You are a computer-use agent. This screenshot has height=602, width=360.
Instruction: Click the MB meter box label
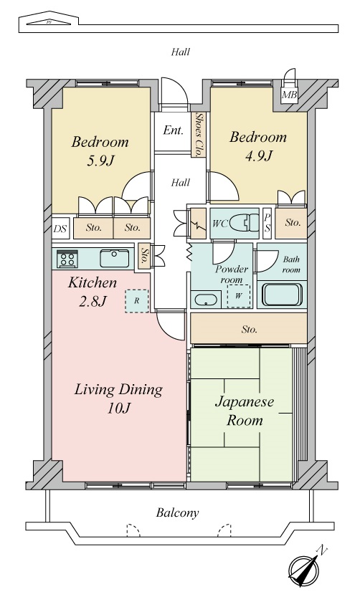click(289, 95)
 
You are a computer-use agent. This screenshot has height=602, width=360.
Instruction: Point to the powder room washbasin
click(205, 300)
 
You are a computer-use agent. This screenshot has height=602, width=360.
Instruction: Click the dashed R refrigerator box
click(136, 301)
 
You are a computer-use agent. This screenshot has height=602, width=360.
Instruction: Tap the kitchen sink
click(113, 257)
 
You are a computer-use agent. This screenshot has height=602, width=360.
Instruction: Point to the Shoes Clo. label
click(199, 134)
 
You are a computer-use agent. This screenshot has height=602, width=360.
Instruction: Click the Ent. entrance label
click(173, 130)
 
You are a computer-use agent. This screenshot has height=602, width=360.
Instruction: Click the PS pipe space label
click(267, 223)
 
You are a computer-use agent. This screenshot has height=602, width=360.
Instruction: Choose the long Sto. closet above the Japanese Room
click(249, 330)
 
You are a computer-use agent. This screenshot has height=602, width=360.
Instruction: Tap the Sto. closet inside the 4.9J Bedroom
click(293, 223)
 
